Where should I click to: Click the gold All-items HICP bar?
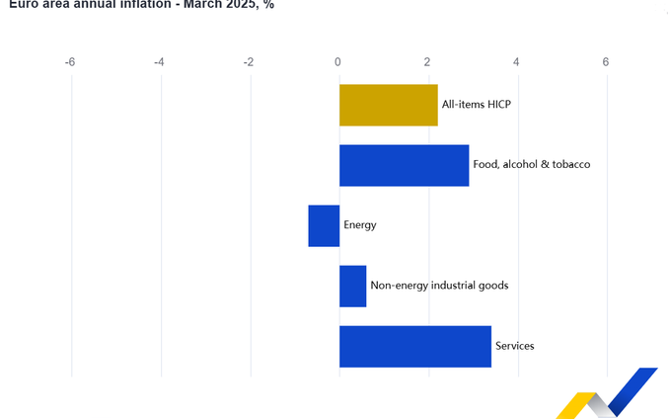pyautogui.click(x=388, y=105)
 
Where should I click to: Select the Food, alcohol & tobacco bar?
pyautogui.click(x=404, y=165)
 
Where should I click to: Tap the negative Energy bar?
pyautogui.click(x=324, y=225)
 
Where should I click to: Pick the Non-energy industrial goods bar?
pyautogui.click(x=352, y=286)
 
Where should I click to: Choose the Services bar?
pyautogui.click(x=414, y=346)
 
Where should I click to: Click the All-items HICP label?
pyautogui.click(x=476, y=105)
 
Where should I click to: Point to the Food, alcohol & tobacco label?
pyautogui.click(x=531, y=165)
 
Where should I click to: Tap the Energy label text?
pyautogui.click(x=360, y=225)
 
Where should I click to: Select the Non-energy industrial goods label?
pyautogui.click(x=439, y=286)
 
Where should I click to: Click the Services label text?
pyautogui.click(x=514, y=346)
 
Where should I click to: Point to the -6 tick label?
pyautogui.click(x=70, y=62)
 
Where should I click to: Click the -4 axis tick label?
pyautogui.click(x=160, y=62)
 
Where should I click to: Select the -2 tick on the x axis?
pyautogui.click(x=249, y=62)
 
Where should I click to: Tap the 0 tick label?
pyautogui.click(x=338, y=62)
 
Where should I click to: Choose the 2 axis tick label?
pyautogui.click(x=428, y=62)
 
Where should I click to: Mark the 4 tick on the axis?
pyautogui.click(x=517, y=62)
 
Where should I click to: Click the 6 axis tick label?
pyautogui.click(x=606, y=62)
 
